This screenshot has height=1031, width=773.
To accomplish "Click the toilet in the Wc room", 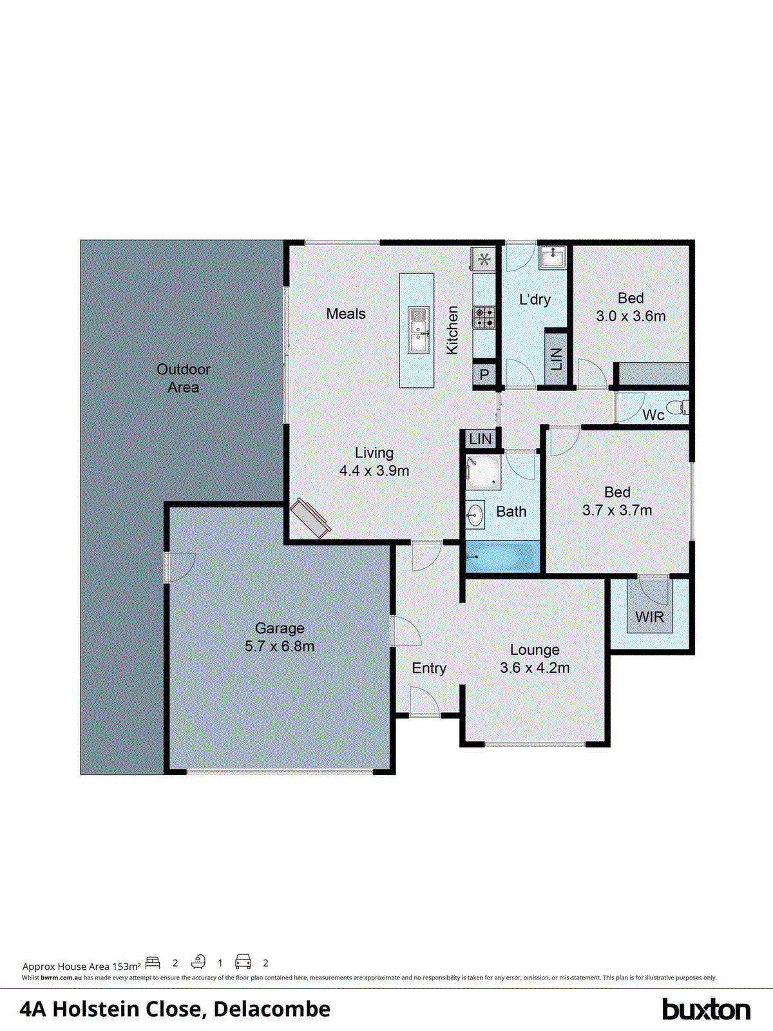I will click(x=677, y=407).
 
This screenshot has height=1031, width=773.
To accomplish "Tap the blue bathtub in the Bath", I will click(x=502, y=556).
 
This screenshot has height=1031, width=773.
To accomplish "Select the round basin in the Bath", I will click(x=475, y=514).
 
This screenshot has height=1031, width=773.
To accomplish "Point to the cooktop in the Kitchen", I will click(x=484, y=316).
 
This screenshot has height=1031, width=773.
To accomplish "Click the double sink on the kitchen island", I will click(x=417, y=329).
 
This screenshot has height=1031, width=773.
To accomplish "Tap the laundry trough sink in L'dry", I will click(x=552, y=257).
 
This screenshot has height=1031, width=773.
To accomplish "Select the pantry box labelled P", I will click(x=484, y=374).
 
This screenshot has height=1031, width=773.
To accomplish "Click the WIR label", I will click(x=649, y=617).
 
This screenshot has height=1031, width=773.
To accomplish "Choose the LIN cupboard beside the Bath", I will click(x=481, y=439).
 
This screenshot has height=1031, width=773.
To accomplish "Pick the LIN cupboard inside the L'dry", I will click(x=556, y=359).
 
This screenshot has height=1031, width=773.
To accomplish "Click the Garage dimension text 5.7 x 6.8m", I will click(x=280, y=646).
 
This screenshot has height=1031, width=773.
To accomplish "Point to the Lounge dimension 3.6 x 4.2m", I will click(x=535, y=668).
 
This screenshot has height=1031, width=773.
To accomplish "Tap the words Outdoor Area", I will click(x=184, y=378).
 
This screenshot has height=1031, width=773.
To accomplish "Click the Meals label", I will click(x=346, y=314).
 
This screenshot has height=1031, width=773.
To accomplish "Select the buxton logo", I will click(x=706, y=1009).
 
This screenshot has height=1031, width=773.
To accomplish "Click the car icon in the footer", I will click(x=243, y=962).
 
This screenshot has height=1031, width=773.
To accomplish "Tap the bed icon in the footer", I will click(x=153, y=963).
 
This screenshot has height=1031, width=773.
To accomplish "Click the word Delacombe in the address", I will click(x=272, y=1009).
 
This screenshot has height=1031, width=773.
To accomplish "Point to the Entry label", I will click(x=429, y=668).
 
